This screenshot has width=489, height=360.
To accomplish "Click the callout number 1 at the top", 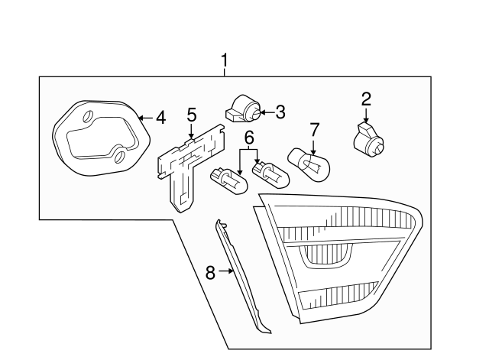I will click(225, 59).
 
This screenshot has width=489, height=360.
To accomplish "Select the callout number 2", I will click(366, 99).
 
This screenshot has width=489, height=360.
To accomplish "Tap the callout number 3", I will click(280, 113).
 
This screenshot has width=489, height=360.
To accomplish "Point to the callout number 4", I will click(160, 118).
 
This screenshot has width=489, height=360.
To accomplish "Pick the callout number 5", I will click(191, 116).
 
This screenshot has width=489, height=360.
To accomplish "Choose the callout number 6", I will click(248, 138).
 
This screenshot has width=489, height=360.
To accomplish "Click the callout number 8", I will click(210, 271).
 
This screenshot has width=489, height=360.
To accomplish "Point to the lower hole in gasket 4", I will click(120, 159).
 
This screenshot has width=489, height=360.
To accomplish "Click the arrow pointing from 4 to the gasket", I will click(145, 118).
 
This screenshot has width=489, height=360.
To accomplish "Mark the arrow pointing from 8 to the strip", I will click(225, 271).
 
